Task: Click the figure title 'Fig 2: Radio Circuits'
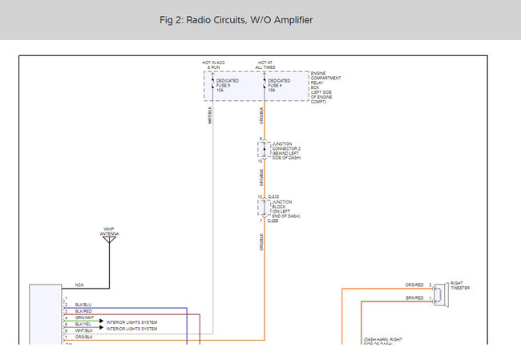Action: pyautogui.click(x=236, y=20)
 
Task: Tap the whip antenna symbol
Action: pyautogui.click(x=109, y=239)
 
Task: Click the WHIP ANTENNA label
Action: pyautogui.click(x=109, y=230)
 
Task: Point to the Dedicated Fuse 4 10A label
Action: pyautogui.click(x=279, y=86)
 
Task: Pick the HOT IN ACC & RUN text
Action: pyautogui.click(x=213, y=65)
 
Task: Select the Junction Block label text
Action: pyautogui.click(x=286, y=208)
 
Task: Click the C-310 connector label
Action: pyautogui.click(x=273, y=196)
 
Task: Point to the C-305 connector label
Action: pyautogui.click(x=273, y=220)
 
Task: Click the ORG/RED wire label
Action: pyautogui.click(x=414, y=285)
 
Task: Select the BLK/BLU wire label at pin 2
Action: pyautogui.click(x=83, y=305)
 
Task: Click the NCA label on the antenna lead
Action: pyautogui.click(x=79, y=285)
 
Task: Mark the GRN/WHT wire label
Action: pyautogui.click(x=84, y=318)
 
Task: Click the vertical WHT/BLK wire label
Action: pyautogui.click(x=211, y=116)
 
